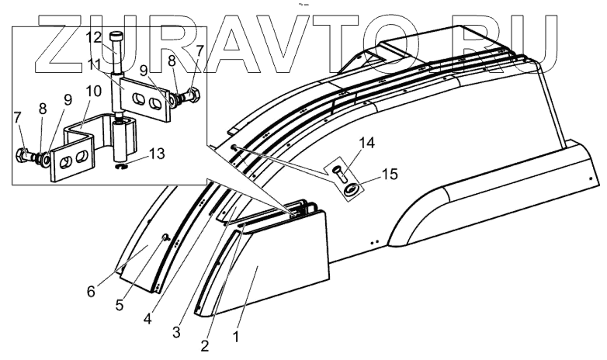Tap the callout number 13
pos(157,154)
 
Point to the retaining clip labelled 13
pos(121,164)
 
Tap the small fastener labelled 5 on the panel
pos(165,237)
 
